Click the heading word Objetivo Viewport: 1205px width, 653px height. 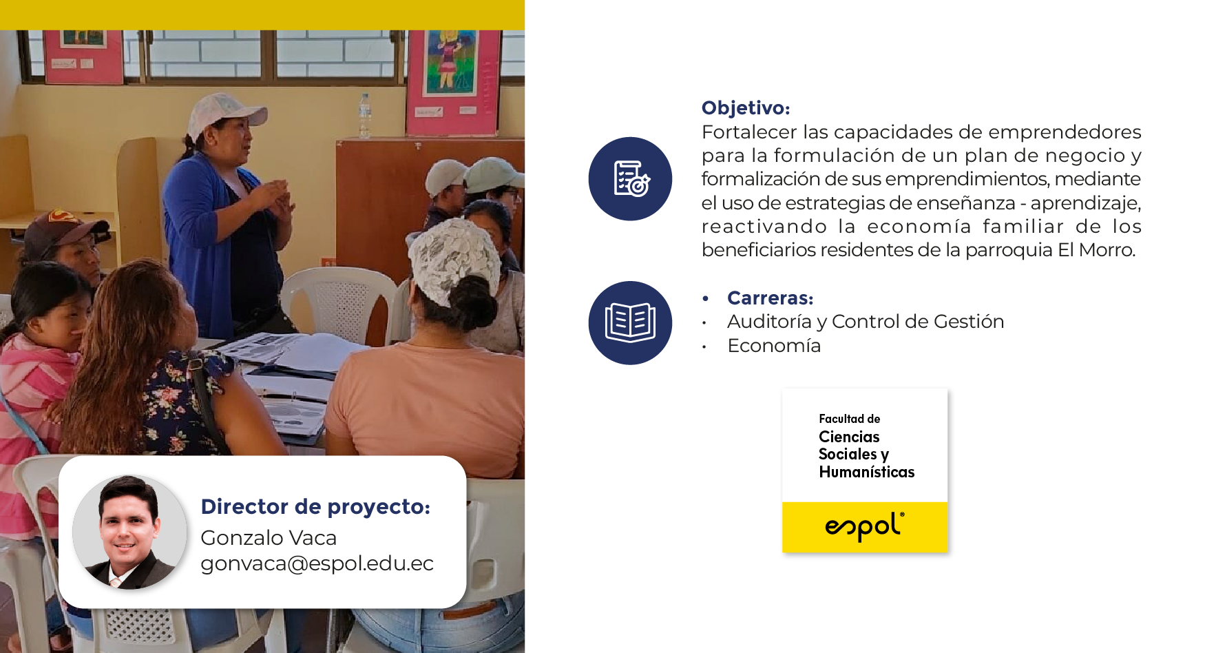click(746, 108)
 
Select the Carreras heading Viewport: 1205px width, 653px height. click(771, 298)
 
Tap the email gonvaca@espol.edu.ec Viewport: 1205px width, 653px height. click(317, 563)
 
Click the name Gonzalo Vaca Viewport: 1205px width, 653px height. click(269, 537)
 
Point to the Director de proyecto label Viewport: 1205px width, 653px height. click(315, 507)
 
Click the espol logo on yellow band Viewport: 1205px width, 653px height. click(865, 527)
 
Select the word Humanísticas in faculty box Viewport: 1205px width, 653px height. click(867, 472)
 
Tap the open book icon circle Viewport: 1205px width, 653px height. click(630, 322)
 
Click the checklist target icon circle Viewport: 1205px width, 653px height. click(630, 178)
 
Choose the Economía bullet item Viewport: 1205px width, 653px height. click(774, 346)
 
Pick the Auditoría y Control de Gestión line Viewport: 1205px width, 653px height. click(866, 322)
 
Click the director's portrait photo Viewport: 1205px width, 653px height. click(129, 532)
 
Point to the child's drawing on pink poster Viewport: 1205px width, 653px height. click(451, 62)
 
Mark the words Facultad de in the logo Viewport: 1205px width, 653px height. click(850, 419)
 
